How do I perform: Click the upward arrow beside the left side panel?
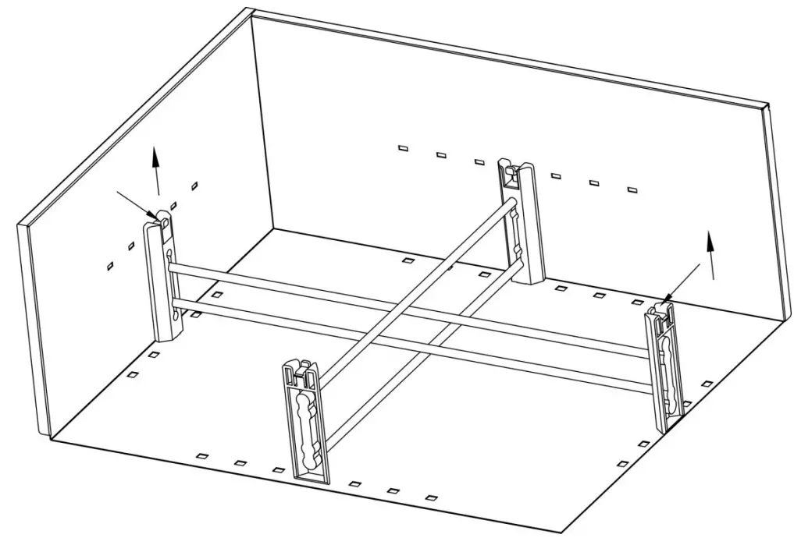click(156, 172)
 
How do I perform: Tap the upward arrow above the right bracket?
click(710, 254)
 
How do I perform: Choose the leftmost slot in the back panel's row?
click(403, 148)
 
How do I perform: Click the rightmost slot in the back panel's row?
click(632, 189)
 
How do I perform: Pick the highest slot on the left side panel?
click(194, 185)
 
